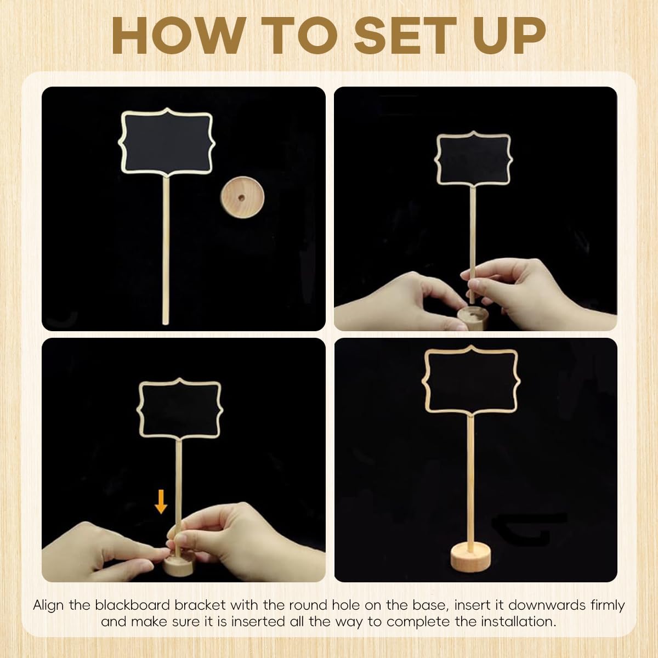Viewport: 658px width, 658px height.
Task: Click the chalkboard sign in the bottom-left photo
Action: pos(179,410)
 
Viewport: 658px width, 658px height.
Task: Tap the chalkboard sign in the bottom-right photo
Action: pos(470,378)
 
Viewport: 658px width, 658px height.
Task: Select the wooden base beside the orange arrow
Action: pos(179,563)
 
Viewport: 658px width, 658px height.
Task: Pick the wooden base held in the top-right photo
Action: pos(473,318)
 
